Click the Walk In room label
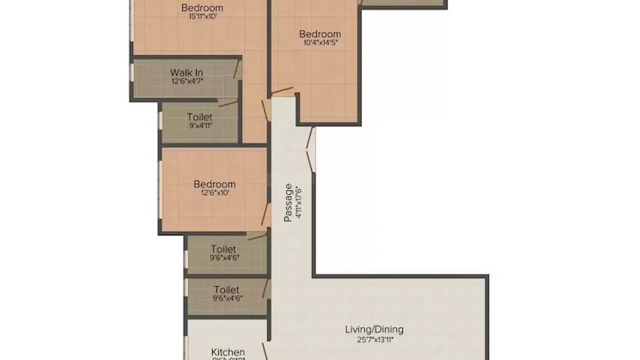186,72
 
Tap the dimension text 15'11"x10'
203,19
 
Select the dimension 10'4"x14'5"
320,46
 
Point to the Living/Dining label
374,329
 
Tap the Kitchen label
229,352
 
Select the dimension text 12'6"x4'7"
186,82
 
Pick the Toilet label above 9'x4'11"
200,115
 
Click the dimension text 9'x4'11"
200,125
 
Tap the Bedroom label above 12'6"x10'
214,184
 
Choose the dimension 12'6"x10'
214,194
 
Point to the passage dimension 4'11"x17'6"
299,204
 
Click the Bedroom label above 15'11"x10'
203,8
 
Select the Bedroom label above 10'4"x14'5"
320,34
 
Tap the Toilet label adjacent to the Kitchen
227,290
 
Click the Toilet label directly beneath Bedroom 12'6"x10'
224,247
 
